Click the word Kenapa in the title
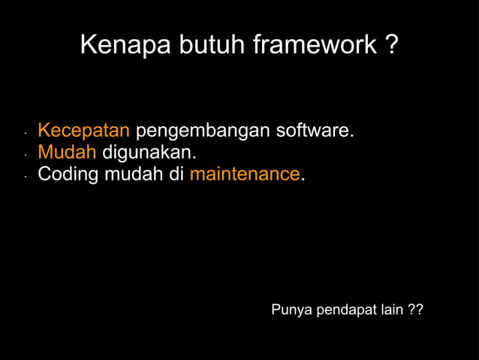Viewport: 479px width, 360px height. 125,46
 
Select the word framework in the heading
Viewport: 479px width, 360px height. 314,46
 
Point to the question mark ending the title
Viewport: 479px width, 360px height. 391,46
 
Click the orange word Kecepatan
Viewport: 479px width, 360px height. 83,131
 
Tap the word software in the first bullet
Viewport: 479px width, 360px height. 313,131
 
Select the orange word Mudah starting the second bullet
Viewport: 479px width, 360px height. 67,153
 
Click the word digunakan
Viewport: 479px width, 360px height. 148,153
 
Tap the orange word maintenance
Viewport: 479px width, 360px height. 245,174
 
